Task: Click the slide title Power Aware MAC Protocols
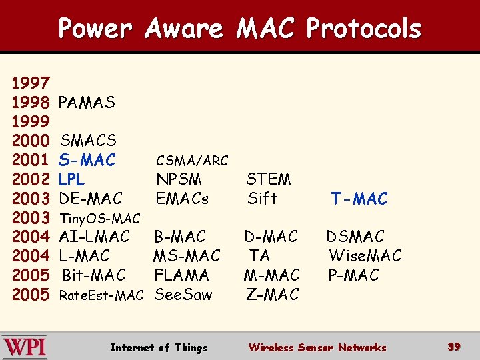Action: coord(239,29)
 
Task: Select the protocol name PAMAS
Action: coord(87,103)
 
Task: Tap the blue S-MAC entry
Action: coord(87,160)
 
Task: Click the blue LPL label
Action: coord(71,179)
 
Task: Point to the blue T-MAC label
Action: coord(359,199)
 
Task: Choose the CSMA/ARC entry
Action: coord(192,161)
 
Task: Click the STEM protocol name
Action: coord(269,179)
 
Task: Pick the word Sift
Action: coord(262,199)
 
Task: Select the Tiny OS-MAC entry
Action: coord(100,218)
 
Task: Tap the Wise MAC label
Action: coord(365,256)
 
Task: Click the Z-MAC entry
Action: coord(273,294)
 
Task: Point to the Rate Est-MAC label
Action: coord(101,295)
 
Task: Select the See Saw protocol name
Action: coord(183,294)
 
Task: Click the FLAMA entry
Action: coord(181,275)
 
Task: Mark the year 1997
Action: coord(31,83)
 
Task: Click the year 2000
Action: coord(31,141)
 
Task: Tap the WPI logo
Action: coord(25,347)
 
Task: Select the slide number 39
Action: coord(454,347)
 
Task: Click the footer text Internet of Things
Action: coord(159,347)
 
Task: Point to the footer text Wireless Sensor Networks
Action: coord(317,347)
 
